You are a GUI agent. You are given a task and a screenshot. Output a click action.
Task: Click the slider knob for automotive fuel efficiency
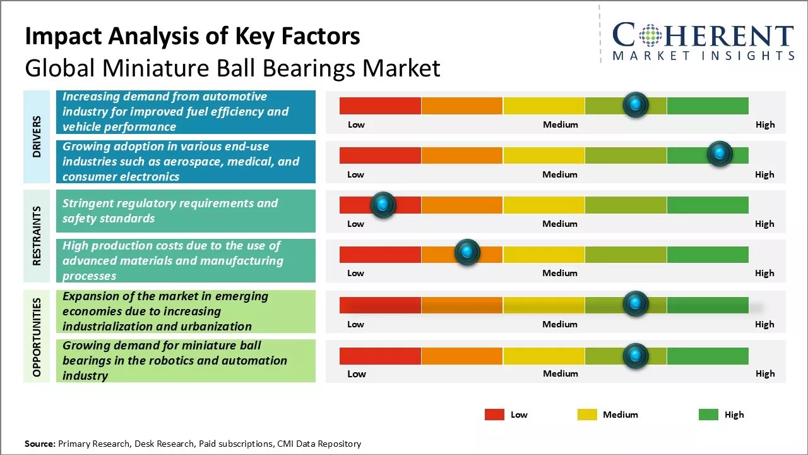(x=636, y=104)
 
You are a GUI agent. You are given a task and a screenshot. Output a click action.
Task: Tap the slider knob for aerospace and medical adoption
(x=720, y=154)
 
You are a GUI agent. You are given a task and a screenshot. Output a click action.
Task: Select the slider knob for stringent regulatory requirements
(x=383, y=204)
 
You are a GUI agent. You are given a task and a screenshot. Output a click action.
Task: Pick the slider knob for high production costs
(x=467, y=253)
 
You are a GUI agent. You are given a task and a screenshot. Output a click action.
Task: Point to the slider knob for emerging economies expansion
(x=636, y=304)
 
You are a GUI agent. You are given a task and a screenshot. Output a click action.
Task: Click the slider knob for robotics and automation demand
(x=636, y=356)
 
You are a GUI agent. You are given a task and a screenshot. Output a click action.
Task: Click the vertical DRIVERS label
(x=37, y=136)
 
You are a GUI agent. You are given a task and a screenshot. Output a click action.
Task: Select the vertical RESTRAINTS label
(x=37, y=236)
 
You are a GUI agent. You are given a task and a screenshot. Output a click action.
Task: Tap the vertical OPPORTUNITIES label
(x=37, y=337)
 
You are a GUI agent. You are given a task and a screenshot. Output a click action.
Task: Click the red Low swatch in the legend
(x=494, y=415)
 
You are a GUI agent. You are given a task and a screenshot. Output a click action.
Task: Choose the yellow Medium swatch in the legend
(x=587, y=415)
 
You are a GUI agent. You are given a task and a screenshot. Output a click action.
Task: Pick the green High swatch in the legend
(x=708, y=415)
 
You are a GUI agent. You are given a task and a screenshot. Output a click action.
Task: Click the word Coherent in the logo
(x=703, y=35)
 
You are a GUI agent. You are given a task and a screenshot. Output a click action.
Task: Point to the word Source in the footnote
(x=40, y=444)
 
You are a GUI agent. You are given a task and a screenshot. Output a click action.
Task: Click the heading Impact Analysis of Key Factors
(x=193, y=37)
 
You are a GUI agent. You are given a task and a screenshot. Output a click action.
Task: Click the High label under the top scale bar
(x=765, y=124)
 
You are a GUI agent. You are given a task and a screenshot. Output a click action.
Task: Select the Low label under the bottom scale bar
(x=357, y=373)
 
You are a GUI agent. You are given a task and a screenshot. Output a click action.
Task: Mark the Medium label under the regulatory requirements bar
(x=560, y=224)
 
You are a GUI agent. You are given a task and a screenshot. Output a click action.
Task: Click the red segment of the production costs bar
(x=380, y=254)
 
